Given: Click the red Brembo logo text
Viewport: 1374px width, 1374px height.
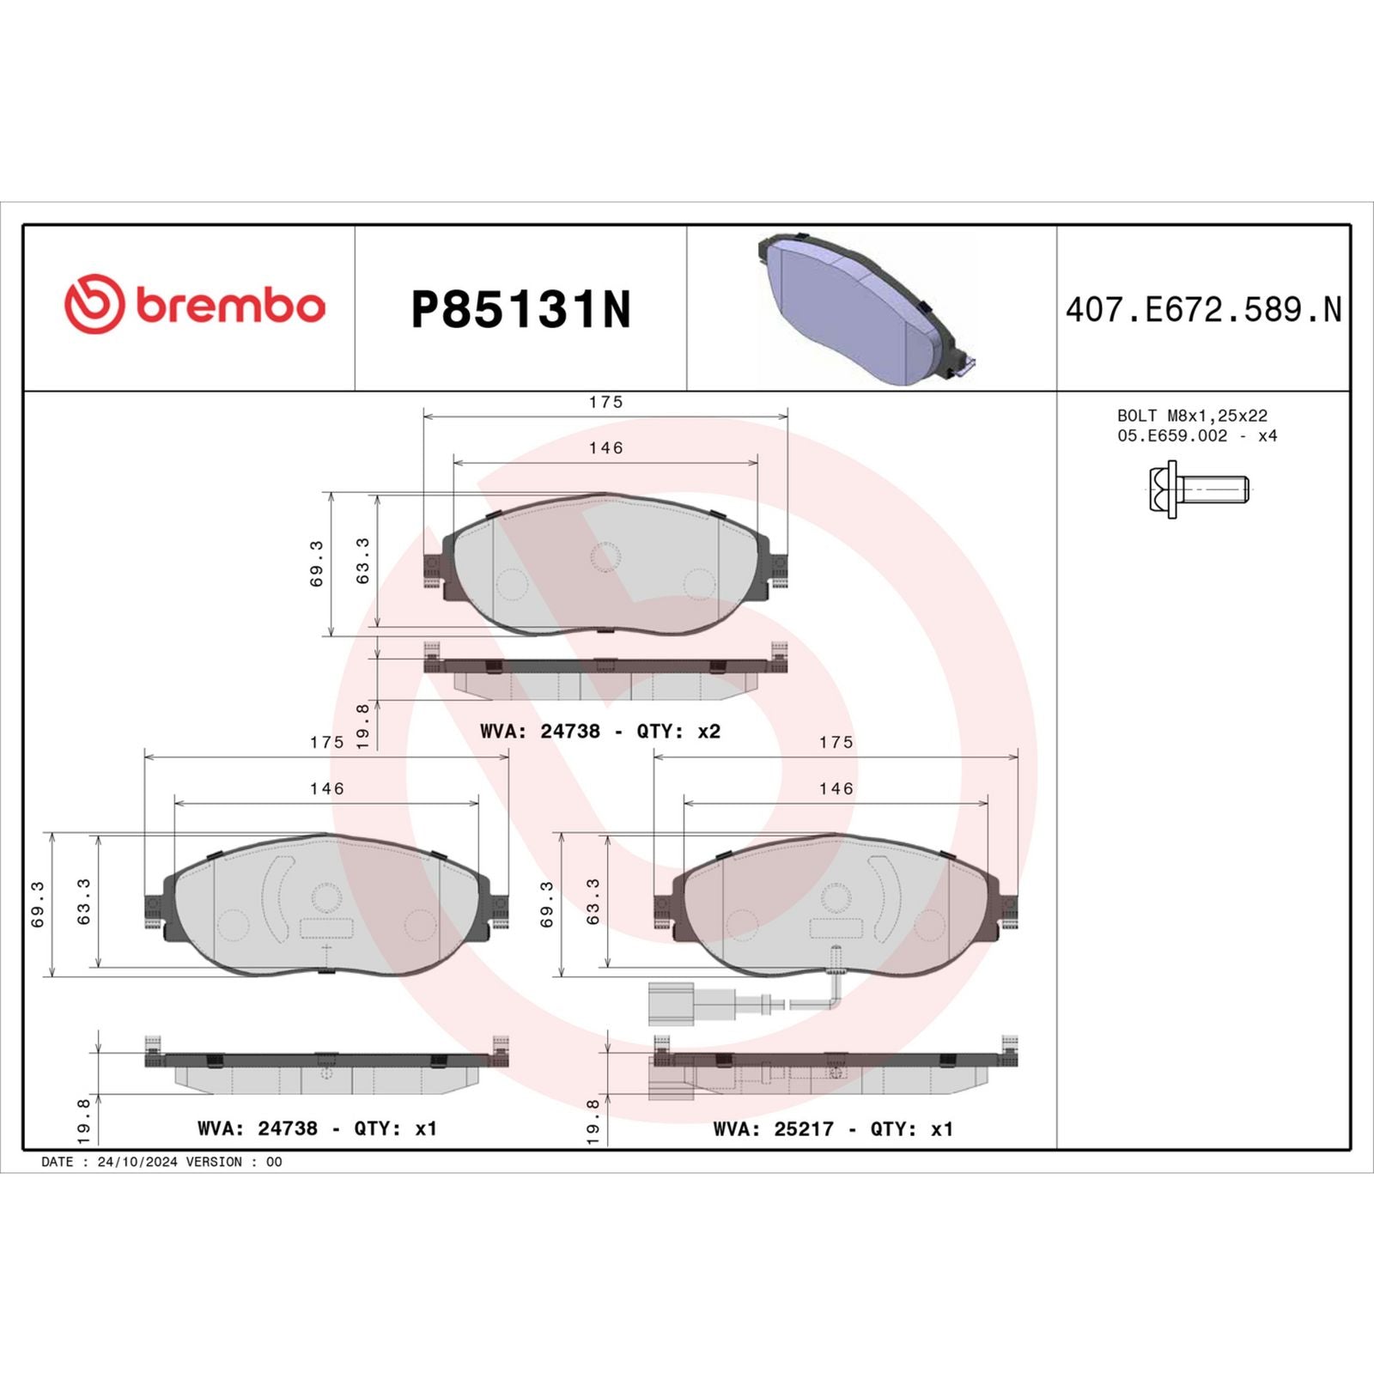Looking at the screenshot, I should [229, 307].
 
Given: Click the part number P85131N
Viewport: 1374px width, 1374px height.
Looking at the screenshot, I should [520, 310].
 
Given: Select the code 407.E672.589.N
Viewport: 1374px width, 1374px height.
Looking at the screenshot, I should [1202, 310].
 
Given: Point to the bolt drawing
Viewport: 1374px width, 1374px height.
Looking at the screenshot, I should [1199, 489].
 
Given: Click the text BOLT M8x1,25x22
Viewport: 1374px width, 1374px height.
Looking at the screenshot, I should [1192, 416].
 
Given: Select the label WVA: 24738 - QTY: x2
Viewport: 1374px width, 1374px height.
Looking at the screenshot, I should [599, 732].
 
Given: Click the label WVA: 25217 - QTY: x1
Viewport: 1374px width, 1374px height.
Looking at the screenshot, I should [833, 1129].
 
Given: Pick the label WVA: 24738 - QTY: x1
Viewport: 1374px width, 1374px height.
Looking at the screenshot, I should [317, 1128].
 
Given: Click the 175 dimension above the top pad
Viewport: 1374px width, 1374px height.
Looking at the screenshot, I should [605, 402].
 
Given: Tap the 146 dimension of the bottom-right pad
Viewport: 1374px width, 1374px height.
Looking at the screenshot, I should [836, 788].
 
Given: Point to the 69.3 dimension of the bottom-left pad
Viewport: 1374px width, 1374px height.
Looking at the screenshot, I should [37, 904].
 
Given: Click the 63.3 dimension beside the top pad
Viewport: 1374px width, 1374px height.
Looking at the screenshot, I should [362, 561].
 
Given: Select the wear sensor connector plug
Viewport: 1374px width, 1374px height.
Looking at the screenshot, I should [671, 1003].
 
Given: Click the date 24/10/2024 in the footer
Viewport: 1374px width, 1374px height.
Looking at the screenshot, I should [137, 1162].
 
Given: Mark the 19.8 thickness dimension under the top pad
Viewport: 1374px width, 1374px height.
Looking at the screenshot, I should [362, 727].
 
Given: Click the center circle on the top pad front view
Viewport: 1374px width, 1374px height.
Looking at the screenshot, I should [605, 557].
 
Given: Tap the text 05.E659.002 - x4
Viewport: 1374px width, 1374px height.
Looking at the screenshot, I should [1196, 436].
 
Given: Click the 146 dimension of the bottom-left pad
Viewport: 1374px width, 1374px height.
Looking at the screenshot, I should [326, 788].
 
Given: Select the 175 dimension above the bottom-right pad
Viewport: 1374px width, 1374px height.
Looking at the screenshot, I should [836, 742].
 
